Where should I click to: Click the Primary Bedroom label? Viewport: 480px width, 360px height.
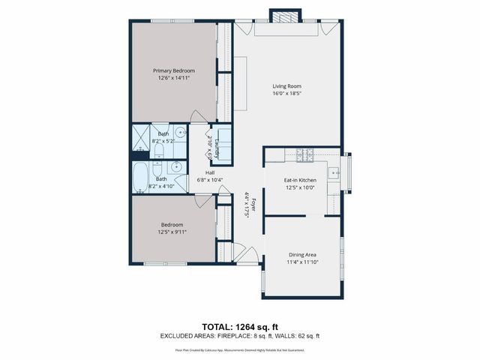click(x=173, y=70)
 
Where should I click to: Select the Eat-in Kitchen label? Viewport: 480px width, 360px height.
click(x=299, y=181)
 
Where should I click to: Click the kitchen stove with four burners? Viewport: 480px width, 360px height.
click(x=304, y=156)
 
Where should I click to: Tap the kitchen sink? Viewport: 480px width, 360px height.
click(x=337, y=173)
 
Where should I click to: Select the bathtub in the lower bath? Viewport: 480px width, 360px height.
click(x=141, y=178)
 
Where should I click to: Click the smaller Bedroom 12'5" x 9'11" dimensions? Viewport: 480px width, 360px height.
click(x=172, y=232)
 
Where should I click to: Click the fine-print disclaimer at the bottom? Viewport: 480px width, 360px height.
click(x=240, y=349)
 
